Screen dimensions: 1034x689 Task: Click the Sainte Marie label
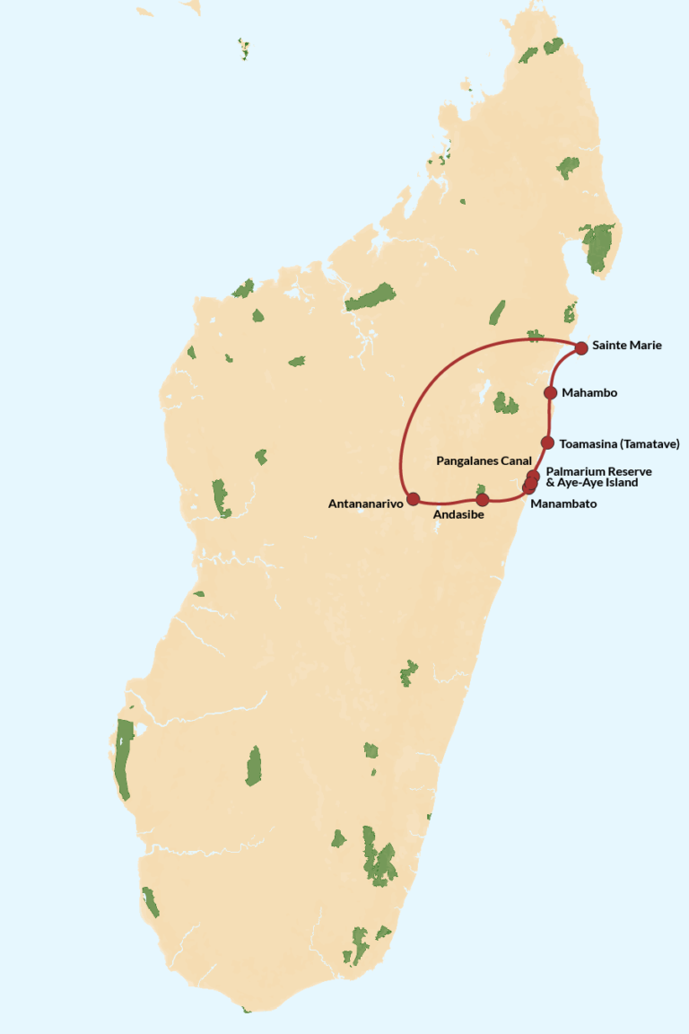[x=626, y=346]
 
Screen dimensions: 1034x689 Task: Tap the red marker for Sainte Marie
[x=581, y=347]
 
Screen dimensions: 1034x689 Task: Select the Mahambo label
[x=589, y=392]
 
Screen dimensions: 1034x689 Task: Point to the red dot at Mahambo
[x=551, y=392]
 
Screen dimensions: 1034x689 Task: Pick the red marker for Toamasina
[x=547, y=443]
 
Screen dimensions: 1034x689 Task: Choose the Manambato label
[x=563, y=504]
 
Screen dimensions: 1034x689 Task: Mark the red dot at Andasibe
[x=482, y=499]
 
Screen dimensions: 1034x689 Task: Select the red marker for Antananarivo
[x=413, y=498]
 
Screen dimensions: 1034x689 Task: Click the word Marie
[x=646, y=346]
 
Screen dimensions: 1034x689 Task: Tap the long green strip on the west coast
[x=123, y=759]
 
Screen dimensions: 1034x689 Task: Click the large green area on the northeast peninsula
[x=597, y=248]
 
